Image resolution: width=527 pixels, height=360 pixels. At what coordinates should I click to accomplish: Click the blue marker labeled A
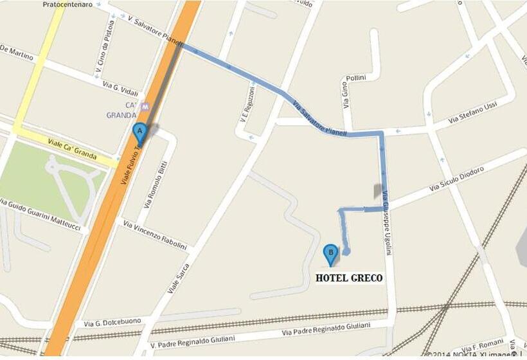[x=139, y=133]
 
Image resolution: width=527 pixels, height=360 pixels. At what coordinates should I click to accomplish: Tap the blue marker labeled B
[x=330, y=255]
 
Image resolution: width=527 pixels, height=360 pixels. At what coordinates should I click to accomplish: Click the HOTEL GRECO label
[x=349, y=278]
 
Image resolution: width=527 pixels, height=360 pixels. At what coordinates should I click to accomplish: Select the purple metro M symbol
[x=145, y=106]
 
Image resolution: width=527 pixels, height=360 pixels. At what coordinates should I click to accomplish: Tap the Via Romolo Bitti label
[x=155, y=184]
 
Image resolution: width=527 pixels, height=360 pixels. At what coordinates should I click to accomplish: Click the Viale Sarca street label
[x=179, y=278]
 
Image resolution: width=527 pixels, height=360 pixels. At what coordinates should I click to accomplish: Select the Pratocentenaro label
[x=67, y=4]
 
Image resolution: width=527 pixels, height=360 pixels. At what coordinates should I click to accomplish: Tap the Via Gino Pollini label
[x=351, y=90]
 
